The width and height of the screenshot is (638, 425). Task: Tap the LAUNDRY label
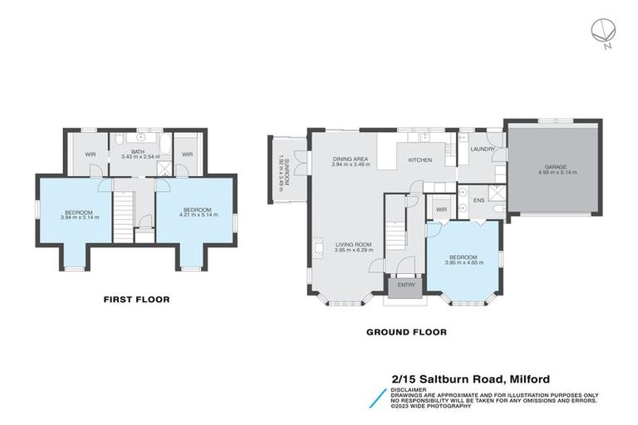pos(483,149)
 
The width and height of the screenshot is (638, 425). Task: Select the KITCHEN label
pos(419,159)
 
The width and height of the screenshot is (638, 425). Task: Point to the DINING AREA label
pos(350,159)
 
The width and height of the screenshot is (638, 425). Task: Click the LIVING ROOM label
pos(352,244)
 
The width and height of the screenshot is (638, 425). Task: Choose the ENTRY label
pos(406,285)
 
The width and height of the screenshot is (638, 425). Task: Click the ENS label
pos(478,200)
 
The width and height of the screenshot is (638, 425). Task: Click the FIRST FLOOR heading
pos(136,299)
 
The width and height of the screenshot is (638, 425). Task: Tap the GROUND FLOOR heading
pos(406,332)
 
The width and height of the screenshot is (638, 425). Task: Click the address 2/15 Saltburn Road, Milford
pos(470,379)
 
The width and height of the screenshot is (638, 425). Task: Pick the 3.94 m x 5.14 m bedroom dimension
pos(80,217)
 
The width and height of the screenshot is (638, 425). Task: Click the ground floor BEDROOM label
pos(463,256)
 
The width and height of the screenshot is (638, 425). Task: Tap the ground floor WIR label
pos(441,209)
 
